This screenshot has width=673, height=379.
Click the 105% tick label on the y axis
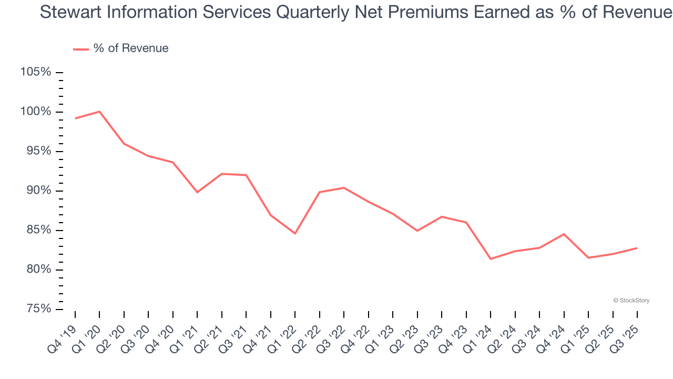35,72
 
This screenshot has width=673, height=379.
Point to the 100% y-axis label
35,112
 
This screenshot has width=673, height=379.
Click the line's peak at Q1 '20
99,112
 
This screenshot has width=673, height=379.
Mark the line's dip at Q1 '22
295,233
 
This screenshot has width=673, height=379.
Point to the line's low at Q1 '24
491,259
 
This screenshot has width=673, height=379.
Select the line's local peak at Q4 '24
564,234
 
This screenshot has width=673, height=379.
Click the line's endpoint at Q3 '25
637,248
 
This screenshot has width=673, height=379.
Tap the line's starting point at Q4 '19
75,118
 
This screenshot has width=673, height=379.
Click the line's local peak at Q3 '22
344,188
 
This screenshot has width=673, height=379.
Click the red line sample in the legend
81,49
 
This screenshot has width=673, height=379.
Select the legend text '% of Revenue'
131,48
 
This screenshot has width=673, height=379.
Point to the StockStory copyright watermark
631,301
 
